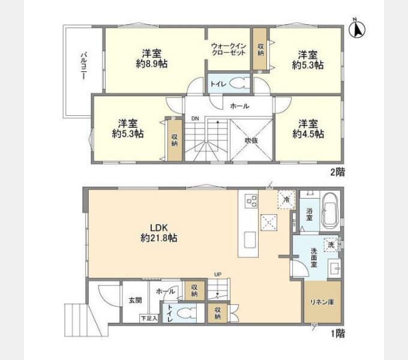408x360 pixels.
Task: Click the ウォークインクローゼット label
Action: point(229,49)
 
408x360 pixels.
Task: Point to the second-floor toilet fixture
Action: point(241,84)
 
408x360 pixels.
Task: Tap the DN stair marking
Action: point(194,118)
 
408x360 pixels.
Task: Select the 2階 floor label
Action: point(337,172)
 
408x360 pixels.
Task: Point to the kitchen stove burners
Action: point(251,202)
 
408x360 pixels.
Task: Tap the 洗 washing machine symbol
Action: point(331,245)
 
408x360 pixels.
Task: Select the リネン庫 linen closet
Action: point(318,302)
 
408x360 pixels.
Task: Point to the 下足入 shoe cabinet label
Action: point(148,318)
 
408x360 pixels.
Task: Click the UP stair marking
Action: point(217,275)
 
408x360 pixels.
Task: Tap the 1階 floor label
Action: point(337,332)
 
